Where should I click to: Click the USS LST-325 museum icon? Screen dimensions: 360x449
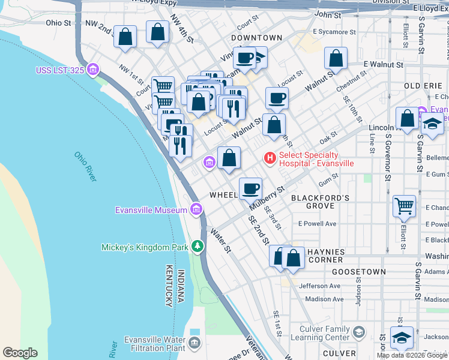pos(92,70)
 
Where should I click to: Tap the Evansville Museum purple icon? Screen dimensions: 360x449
pos(196,209)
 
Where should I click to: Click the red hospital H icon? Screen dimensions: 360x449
pos(270,158)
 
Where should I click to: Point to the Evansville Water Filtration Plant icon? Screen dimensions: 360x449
pos(194,343)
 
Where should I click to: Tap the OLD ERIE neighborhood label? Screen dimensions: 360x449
pos(423,86)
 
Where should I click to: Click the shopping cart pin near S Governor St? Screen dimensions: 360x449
pos(404,206)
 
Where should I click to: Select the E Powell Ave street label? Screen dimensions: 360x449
pos(317,224)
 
